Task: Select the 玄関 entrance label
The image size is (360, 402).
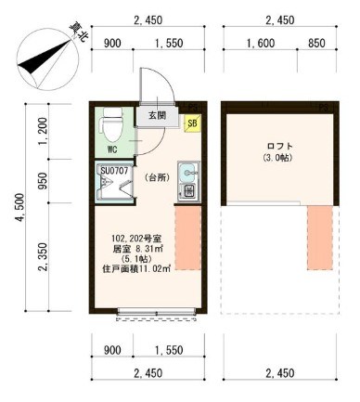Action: (x=155, y=116)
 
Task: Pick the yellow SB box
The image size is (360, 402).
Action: (x=192, y=122)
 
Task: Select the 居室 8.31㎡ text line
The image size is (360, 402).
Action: (x=137, y=248)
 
